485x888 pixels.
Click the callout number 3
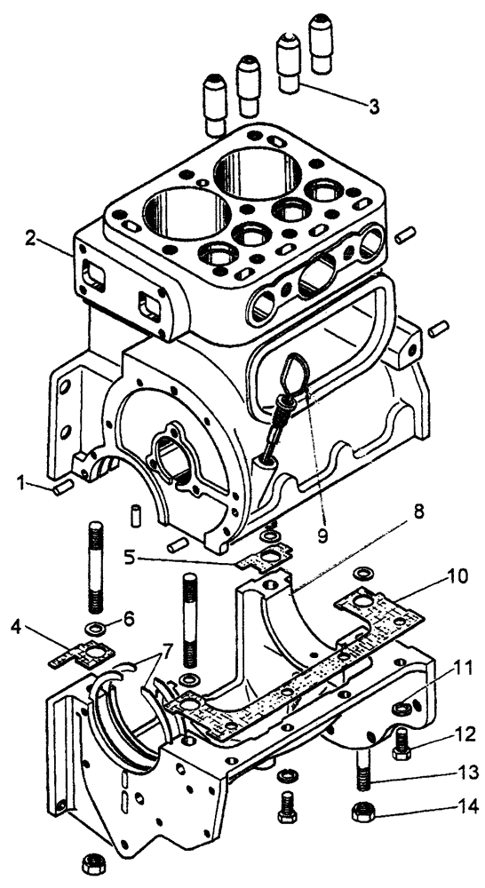pos(374,107)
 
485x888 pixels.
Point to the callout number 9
pos(322,535)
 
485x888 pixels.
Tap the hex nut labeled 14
pos(362,813)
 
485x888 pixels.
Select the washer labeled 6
pos(91,628)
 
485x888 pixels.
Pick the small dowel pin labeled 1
pos(64,487)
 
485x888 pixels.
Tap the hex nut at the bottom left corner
pos(91,864)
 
